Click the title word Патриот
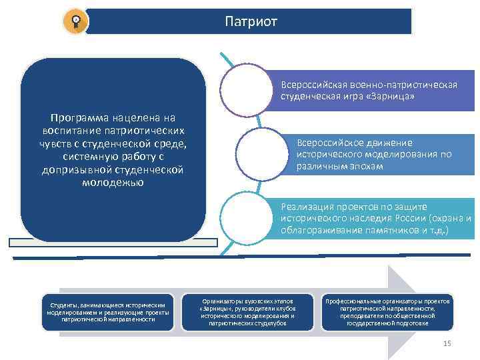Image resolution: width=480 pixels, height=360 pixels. [x=251, y=21]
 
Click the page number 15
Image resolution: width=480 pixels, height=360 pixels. [x=447, y=343]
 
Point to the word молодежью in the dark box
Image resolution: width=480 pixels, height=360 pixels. [x=112, y=182]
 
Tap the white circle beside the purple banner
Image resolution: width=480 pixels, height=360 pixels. [x=247, y=89]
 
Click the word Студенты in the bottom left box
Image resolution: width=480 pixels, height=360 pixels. [x=59, y=305]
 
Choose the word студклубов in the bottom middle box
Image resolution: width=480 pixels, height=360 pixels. [x=269, y=323]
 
